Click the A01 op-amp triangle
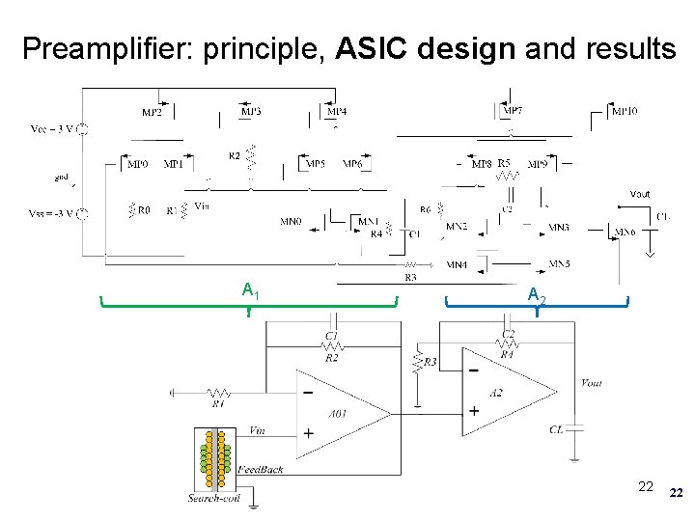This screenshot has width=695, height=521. click(x=338, y=412)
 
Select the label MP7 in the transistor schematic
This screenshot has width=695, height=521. click(x=514, y=111)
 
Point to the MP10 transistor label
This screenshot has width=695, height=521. click(x=625, y=111)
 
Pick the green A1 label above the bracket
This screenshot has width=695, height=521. click(x=249, y=289)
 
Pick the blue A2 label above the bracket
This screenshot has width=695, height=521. click(x=537, y=296)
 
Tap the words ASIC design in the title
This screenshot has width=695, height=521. click(x=427, y=47)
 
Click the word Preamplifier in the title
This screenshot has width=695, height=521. click(x=105, y=47)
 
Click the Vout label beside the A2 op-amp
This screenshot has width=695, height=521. click(x=592, y=383)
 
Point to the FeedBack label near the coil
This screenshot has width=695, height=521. click(x=260, y=469)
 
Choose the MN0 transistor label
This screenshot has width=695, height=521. click(x=291, y=222)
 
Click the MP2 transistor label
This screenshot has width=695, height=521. click(x=153, y=112)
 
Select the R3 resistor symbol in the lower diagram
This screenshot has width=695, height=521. click(x=418, y=363)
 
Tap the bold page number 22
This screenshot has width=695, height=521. click(x=676, y=493)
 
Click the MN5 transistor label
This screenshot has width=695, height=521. click(x=559, y=262)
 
